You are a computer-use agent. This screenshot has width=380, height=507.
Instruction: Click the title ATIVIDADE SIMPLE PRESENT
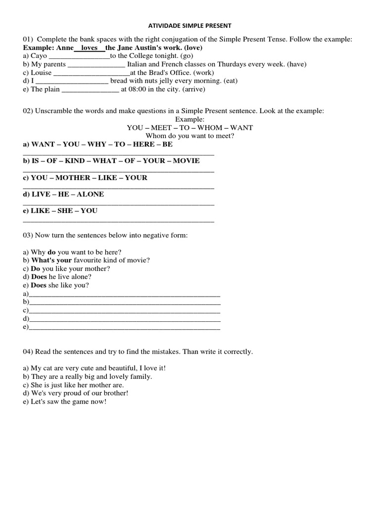[x=190, y=25]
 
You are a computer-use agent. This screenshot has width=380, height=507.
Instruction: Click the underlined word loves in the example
[x=90, y=48]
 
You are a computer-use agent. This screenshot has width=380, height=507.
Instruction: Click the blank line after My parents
[x=96, y=64]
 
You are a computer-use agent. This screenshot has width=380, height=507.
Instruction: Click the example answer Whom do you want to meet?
[x=190, y=136]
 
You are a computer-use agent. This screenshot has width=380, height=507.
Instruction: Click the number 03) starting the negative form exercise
[x=28, y=235]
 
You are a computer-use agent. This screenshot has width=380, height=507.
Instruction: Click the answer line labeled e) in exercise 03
[x=124, y=328]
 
